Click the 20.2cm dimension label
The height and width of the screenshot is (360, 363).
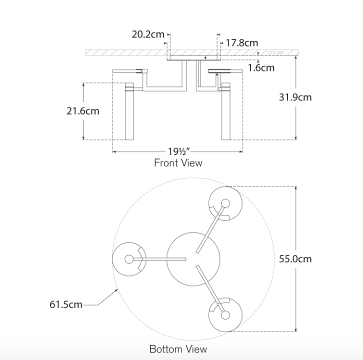click(148, 34)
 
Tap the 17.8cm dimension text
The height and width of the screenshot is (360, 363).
click(241, 43)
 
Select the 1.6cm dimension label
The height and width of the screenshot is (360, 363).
click(261, 67)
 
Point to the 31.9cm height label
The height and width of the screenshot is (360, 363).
click(295, 97)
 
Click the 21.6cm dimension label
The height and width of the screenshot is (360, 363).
click(82, 111)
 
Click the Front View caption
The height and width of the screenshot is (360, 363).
click(178, 163)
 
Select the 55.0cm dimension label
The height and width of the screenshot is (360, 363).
click(295, 259)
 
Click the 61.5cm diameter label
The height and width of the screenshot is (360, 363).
click(66, 304)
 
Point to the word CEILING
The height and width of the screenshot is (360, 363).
click(275, 52)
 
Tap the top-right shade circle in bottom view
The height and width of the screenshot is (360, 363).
click(225, 203)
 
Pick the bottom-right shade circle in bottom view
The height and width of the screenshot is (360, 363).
click(225, 315)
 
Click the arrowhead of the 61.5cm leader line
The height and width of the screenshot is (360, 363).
click(116, 290)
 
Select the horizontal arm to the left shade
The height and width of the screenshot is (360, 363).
click(160, 259)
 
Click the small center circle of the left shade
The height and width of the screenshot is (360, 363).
click(129, 259)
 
